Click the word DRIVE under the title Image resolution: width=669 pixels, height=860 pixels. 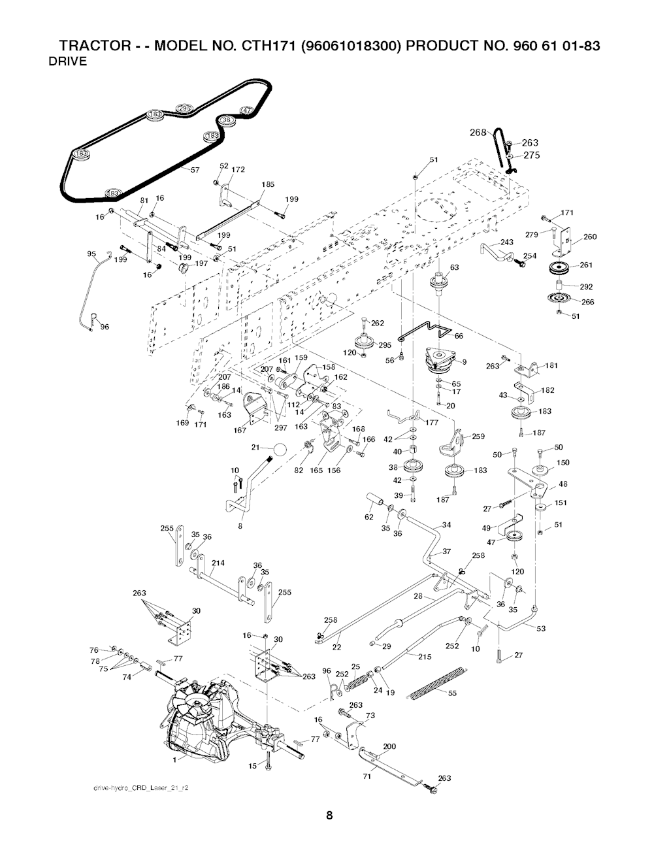click(x=69, y=63)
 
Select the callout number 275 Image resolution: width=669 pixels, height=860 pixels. click(x=530, y=156)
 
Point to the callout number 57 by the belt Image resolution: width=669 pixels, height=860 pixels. click(x=194, y=171)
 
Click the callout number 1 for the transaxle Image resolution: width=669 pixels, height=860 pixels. click(x=174, y=761)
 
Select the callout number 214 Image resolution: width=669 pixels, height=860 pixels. click(x=218, y=563)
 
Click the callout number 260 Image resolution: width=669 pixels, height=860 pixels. click(x=590, y=237)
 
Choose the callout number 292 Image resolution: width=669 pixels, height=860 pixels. click(x=586, y=286)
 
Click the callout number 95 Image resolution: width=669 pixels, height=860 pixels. click(x=91, y=254)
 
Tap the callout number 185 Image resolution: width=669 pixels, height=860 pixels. click(x=267, y=185)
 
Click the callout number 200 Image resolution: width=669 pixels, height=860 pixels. click(x=389, y=747)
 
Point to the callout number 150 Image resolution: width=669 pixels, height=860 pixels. click(x=563, y=463)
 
